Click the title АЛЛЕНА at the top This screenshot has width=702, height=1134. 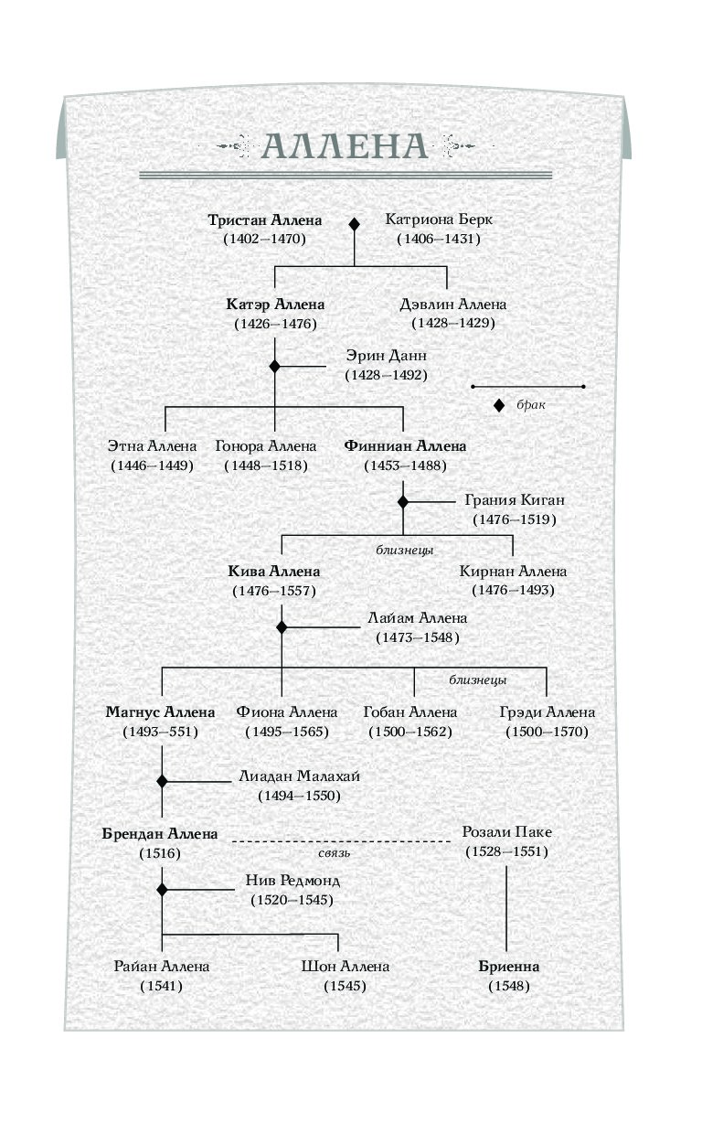tap(346, 146)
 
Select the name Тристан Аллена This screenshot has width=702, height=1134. tap(265, 220)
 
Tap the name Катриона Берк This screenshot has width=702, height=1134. tap(439, 219)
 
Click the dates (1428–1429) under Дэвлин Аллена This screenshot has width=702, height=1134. tap(453, 323)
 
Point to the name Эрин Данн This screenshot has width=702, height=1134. tap(386, 356)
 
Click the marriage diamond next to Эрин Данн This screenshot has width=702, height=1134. tap(275, 366)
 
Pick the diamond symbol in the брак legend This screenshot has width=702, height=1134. tap(499, 405)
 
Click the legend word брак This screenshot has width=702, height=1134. tap(531, 404)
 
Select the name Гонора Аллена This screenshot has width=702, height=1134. tap(266, 446)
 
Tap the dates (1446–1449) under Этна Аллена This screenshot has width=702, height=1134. tap(153, 465)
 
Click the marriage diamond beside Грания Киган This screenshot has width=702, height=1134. tap(403, 502)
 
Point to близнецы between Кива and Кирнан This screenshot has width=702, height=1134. tap(404, 550)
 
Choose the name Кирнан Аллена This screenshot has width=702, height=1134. tap(513, 571)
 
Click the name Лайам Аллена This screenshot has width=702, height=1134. tap(417, 617)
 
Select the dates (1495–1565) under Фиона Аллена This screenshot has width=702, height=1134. tap(287, 732)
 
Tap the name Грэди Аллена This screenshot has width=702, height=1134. tap(548, 712)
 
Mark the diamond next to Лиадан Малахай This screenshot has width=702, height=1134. tap(162, 781)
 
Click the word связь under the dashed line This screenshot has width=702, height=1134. tap(334, 853)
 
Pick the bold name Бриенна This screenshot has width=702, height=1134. tap(508, 967)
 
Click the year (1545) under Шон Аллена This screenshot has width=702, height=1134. tap(346, 986)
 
